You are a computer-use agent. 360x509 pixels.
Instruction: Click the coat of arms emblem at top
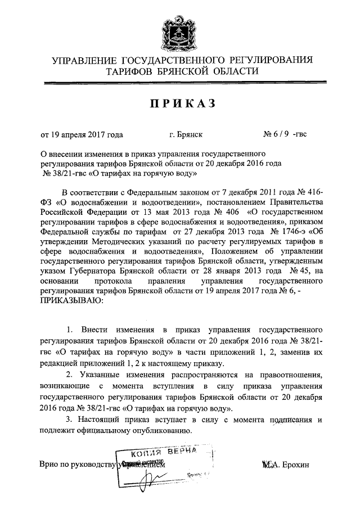pyautogui.click(x=180, y=31)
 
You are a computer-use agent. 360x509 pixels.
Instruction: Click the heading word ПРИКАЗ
pyautogui.click(x=179, y=104)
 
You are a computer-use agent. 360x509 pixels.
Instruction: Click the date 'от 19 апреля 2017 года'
pyautogui.click(x=81, y=135)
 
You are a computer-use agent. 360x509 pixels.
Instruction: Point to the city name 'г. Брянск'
pyautogui.click(x=186, y=135)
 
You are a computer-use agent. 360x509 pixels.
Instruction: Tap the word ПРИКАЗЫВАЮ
pyautogui.click(x=72, y=301)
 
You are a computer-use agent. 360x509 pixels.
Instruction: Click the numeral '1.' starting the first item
pyautogui.click(x=70, y=328)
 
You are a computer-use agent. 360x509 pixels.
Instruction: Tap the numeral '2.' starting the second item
pyautogui.click(x=70, y=374)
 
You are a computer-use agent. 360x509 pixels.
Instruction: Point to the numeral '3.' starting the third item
pyautogui.click(x=70, y=420)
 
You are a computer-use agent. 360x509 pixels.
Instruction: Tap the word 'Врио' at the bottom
pyautogui.click(x=49, y=465)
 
